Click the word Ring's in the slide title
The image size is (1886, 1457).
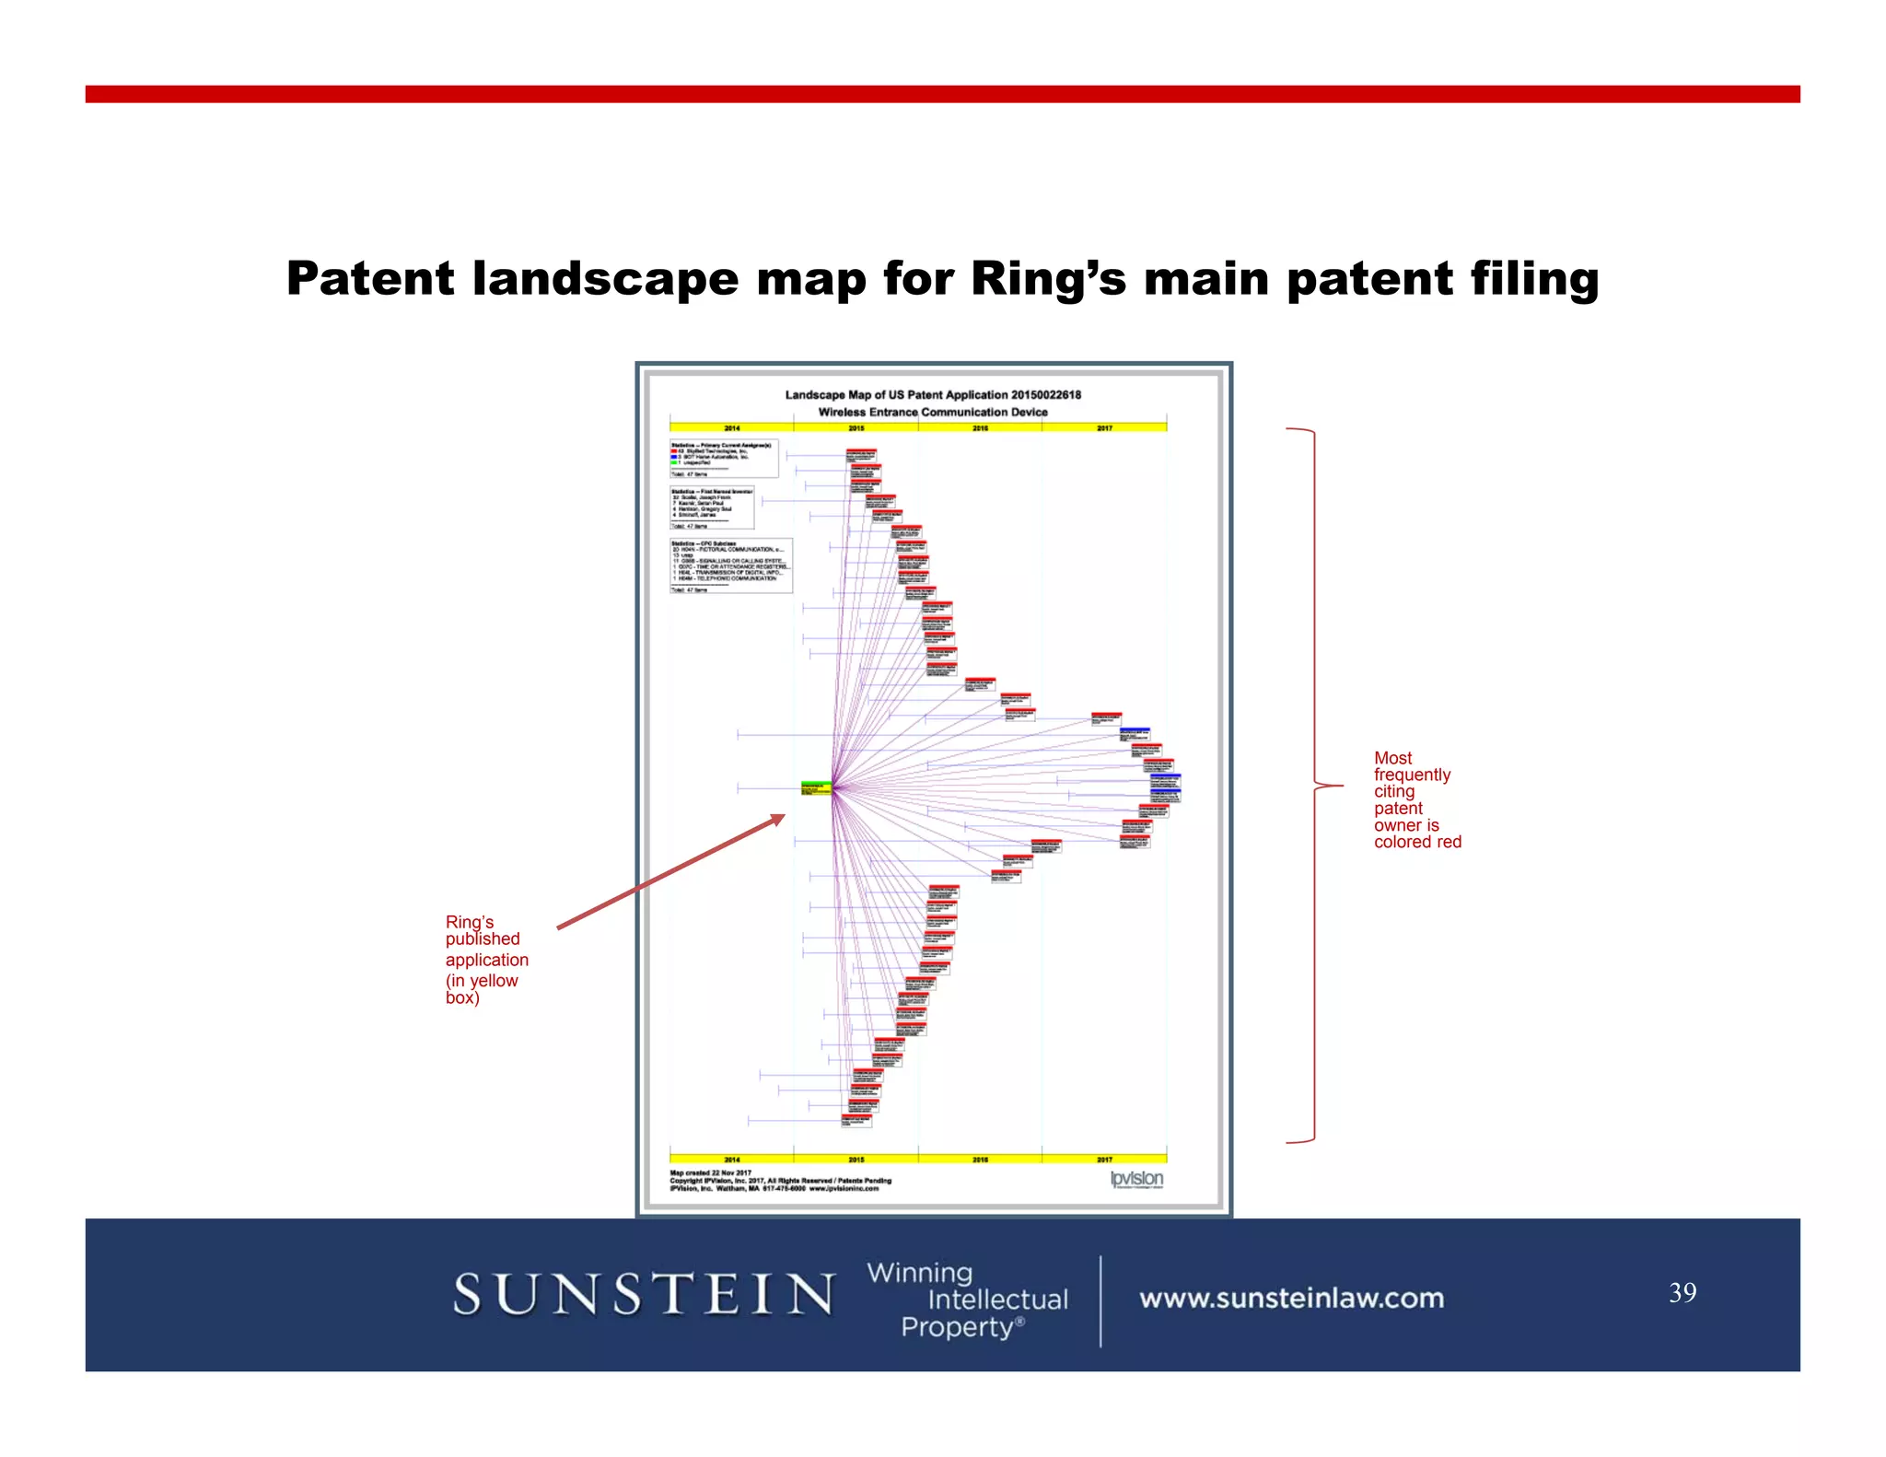tap(1048, 278)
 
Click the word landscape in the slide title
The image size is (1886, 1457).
tap(605, 278)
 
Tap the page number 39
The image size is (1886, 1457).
tap(1682, 1292)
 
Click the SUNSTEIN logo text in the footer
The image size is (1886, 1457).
tap(644, 1294)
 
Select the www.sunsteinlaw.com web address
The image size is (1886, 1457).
tap(1291, 1298)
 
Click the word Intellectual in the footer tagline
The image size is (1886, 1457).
tap(997, 1300)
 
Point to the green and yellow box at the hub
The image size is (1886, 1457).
tap(816, 788)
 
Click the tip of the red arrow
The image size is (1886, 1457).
tap(784, 816)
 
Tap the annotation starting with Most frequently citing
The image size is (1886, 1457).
tap(1416, 799)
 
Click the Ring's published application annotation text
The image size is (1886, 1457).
tap(485, 959)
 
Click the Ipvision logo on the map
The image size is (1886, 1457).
tap(1136, 1179)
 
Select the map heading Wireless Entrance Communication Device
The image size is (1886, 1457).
tap(933, 412)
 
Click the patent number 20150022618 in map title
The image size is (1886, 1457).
tap(1045, 394)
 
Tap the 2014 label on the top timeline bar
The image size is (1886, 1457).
tap(731, 427)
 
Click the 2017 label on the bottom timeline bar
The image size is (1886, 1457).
tap(1104, 1159)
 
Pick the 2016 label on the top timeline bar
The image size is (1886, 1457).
tap(980, 427)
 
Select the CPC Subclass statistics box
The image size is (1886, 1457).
tap(731, 565)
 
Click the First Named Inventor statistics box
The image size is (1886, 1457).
tap(712, 507)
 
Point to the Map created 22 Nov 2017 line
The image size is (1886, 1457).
tap(711, 1172)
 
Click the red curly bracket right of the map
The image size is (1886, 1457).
tap(1314, 786)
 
